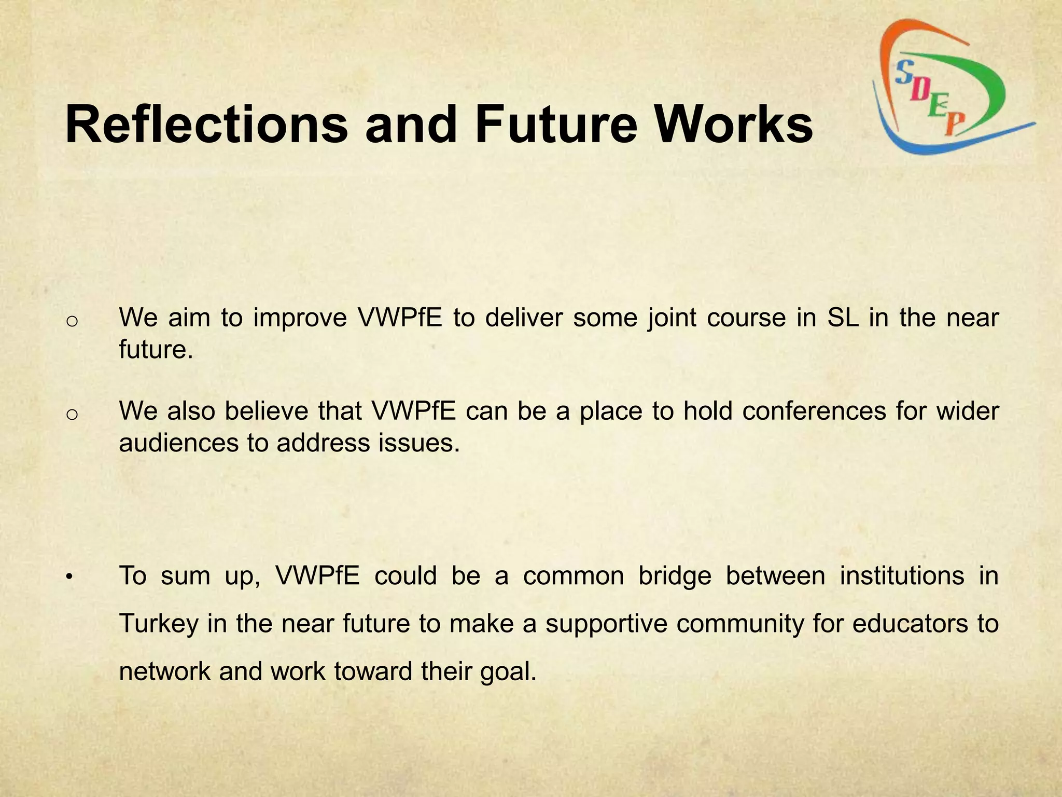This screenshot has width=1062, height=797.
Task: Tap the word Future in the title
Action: click(x=555, y=125)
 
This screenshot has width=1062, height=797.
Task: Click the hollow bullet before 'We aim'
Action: click(x=72, y=321)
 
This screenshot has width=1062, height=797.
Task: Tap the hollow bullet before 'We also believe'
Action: click(x=72, y=414)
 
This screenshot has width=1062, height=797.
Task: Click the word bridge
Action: click(x=675, y=575)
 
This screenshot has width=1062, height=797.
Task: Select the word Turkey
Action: click(x=159, y=623)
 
